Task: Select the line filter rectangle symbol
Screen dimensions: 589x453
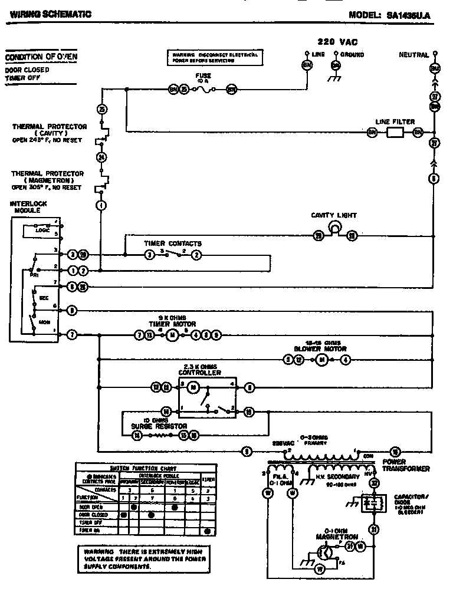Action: pyautogui.click(x=395, y=133)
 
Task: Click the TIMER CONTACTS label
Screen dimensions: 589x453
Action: pyautogui.click(x=173, y=243)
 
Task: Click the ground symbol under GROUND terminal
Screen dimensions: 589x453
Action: pyautogui.click(x=336, y=75)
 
